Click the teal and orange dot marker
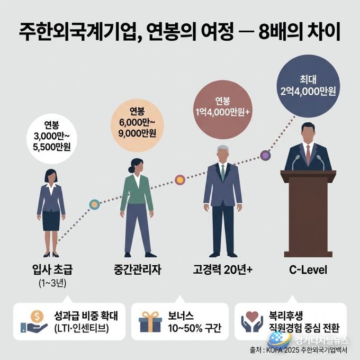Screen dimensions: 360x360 click(x=94, y=204)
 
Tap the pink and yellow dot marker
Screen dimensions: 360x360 click(x=180, y=180)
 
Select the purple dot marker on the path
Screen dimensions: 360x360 click(x=265, y=156)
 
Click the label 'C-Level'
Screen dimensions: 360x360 click(x=308, y=270)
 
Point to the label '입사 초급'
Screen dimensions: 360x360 click(x=52, y=269)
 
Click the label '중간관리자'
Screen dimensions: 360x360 click(x=137, y=269)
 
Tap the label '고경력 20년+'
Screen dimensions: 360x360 click(x=222, y=269)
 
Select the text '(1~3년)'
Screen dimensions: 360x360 click(x=52, y=284)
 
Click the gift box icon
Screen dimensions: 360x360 click(x=150, y=322)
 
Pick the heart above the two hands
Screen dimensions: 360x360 click(x=252, y=317)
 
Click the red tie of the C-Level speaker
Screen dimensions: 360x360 click(x=308, y=155)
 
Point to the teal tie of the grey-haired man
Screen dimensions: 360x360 click(x=223, y=173)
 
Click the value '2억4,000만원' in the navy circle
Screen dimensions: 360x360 click(x=308, y=92)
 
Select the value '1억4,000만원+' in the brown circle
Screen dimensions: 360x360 click(x=222, y=112)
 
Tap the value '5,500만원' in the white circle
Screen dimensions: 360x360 click(x=52, y=147)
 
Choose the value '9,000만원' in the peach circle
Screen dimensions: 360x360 click(x=137, y=133)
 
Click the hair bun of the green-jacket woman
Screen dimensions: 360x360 click(x=131, y=169)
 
